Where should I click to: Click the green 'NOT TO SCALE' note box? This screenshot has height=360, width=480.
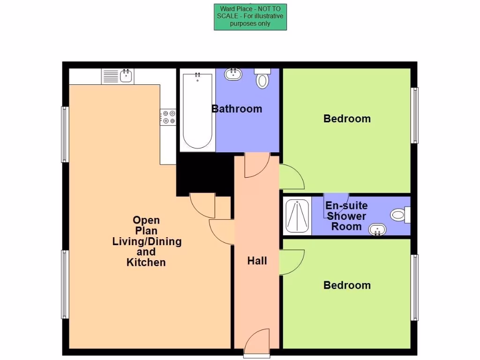250,17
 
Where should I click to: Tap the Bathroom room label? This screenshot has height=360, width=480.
237,109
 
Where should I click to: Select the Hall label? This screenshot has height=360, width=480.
257,261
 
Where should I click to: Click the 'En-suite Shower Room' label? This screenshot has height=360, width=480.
346,216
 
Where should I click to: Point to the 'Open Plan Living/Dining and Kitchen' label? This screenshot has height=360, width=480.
146,241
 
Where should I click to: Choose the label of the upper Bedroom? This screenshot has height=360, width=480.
347,119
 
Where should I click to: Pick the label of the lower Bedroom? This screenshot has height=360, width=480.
347,285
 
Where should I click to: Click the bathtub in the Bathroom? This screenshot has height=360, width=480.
197,111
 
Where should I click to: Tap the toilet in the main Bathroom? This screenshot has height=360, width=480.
262,78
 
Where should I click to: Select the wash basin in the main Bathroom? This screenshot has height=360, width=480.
233,74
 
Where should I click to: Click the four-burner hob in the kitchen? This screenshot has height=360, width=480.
168,117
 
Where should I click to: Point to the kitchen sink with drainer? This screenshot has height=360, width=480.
118,76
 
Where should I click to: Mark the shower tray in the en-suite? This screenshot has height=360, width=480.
297,217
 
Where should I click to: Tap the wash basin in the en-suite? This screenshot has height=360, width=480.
377,230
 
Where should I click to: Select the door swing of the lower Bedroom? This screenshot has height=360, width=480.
291,262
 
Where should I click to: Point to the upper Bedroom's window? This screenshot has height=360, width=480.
414,115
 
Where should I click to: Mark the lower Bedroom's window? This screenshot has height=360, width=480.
414,287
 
